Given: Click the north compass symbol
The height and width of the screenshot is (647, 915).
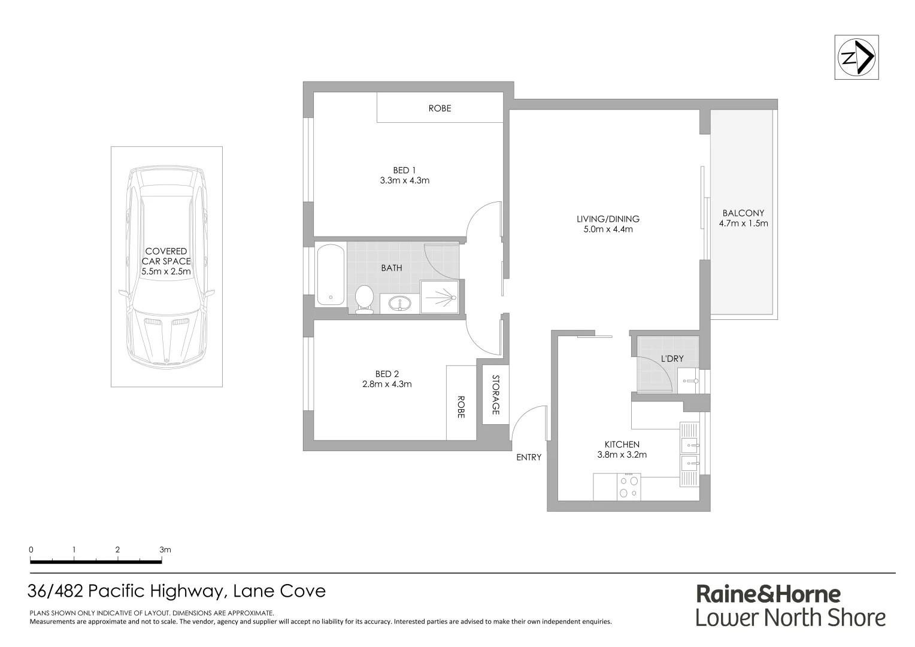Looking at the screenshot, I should coord(856,58).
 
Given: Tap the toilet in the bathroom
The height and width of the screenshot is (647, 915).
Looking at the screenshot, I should coord(364,298).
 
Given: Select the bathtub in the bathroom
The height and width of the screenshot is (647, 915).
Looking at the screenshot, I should coord(331,274).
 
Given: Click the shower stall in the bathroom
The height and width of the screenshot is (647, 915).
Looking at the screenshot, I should coord(440,296).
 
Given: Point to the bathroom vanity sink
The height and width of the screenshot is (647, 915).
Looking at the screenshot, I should coord(396,304).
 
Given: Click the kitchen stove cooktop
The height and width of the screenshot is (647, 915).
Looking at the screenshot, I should coord(629,486).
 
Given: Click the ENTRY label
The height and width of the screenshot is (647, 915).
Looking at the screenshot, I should coord(529,457).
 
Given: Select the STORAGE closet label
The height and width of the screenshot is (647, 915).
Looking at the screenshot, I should coord(495,395).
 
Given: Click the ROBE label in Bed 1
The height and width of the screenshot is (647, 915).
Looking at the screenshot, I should coord(440,108).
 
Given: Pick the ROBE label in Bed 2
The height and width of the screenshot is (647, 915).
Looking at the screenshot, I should coord(461,406).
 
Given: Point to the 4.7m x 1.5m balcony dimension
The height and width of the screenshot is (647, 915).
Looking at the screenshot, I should coord(743,223).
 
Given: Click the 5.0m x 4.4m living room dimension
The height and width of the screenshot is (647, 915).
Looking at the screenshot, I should coord(608,229).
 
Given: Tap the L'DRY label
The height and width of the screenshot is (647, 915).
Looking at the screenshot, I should coord(671,359).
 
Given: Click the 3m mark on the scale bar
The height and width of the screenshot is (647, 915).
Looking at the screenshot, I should coord(165,549).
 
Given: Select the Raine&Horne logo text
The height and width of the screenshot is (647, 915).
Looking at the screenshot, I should coord(768,594).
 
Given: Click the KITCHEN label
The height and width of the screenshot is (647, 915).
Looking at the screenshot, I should coord(622,445).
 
